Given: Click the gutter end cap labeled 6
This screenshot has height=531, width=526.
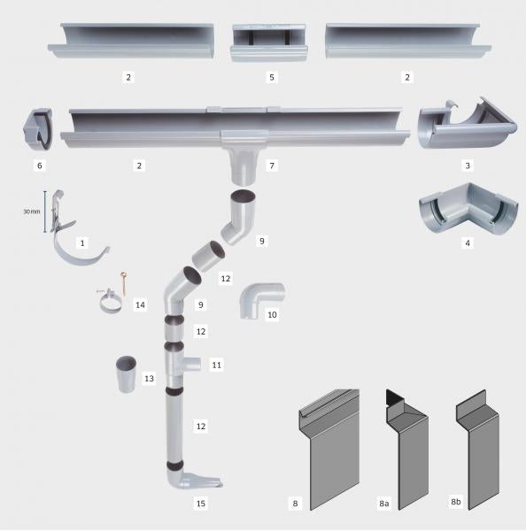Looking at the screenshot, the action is (x=38, y=128).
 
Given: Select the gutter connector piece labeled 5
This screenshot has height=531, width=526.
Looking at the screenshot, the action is (x=269, y=42).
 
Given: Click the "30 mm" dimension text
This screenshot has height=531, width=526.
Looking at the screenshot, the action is (x=32, y=212).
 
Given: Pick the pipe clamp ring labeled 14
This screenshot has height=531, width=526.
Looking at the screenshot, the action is (x=110, y=303).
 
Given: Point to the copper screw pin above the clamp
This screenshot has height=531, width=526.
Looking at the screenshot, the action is (x=124, y=283).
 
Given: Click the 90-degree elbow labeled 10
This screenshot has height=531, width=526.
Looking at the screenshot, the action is (x=261, y=300).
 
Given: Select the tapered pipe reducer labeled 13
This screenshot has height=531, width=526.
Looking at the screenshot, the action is (x=126, y=373).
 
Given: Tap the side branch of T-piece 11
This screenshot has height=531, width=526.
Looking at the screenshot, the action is (x=192, y=364).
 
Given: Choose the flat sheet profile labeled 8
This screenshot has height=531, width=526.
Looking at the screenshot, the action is (x=329, y=449).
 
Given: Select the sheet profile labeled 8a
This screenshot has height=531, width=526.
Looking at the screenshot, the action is (x=407, y=449).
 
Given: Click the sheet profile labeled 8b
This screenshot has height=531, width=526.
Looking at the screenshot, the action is (x=478, y=449).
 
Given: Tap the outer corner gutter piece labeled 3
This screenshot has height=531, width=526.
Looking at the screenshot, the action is (x=467, y=125).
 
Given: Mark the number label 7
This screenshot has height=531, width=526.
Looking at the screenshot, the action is (x=272, y=165).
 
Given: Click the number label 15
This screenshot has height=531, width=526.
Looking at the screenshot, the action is (x=201, y=504).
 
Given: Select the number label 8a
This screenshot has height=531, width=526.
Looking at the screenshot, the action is (x=384, y=504).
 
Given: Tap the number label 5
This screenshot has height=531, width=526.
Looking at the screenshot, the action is (x=272, y=77).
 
